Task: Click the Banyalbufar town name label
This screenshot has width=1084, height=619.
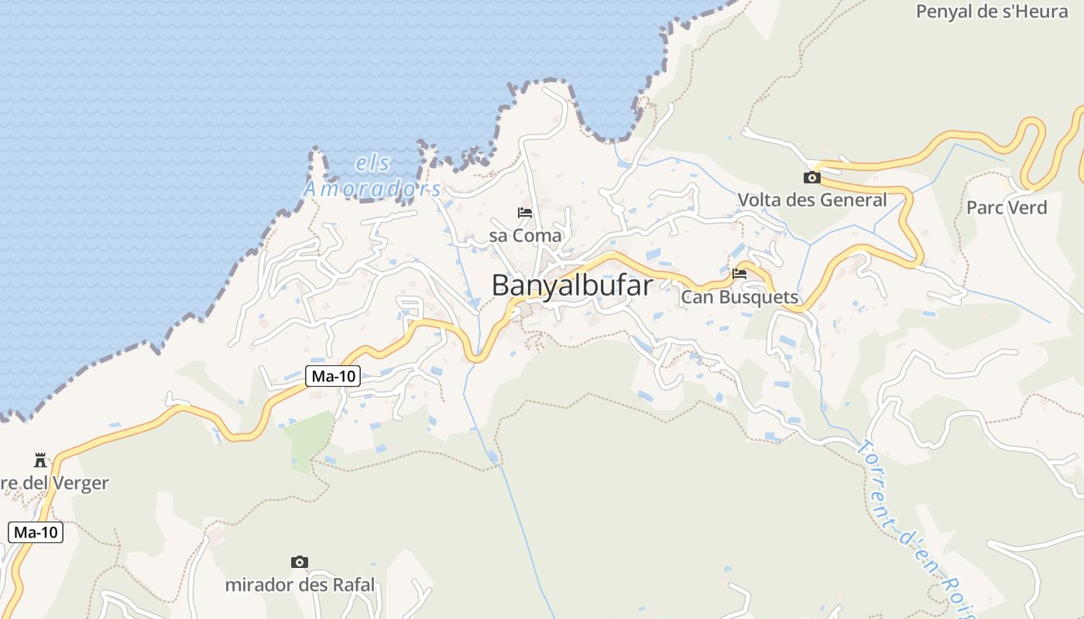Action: [x=571, y=286]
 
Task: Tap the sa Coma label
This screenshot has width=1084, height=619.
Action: [x=525, y=235]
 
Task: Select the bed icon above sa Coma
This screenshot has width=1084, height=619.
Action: [x=525, y=212]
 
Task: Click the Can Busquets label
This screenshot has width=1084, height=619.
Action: [x=739, y=297]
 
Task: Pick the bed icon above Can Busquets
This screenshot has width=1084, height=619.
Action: [x=739, y=273]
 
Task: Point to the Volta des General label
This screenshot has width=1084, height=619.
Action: [x=812, y=200]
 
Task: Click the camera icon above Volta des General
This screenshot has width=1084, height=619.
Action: [x=811, y=177]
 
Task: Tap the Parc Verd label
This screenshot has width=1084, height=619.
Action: [x=1007, y=207]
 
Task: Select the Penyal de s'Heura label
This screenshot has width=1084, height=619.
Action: [x=999, y=12]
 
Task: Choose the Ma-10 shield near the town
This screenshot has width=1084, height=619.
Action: [x=333, y=377]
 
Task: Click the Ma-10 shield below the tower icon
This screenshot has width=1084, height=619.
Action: [x=36, y=532]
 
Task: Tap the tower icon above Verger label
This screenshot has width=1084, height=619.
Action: [x=40, y=460]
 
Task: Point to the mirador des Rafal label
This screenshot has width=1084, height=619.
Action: [x=300, y=585]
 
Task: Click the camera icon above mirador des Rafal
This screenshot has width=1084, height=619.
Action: [x=300, y=562]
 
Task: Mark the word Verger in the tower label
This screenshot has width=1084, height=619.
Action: [x=77, y=484]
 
